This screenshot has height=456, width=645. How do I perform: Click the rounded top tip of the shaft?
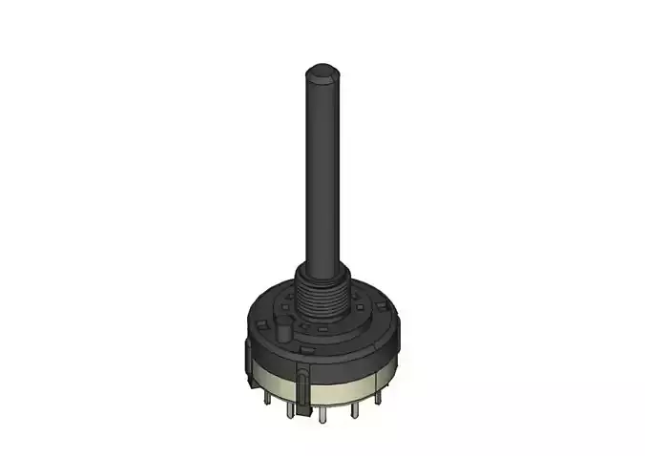322,70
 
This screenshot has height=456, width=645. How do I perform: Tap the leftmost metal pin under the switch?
268,399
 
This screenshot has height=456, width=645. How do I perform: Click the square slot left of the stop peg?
261,322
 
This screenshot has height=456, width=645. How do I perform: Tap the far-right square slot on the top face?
381,305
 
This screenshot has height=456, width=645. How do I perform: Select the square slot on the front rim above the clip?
306,349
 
